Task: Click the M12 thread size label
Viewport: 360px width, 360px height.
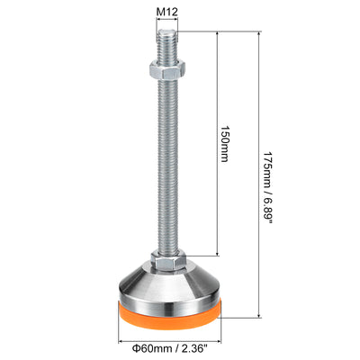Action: click(167, 12)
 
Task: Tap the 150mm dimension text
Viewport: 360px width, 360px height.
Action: click(224, 143)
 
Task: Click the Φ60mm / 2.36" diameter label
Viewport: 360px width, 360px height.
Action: click(170, 348)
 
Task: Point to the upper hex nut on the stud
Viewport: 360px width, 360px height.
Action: click(167, 70)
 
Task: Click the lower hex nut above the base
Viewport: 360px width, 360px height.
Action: click(168, 259)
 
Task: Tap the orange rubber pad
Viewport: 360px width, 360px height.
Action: click(170, 316)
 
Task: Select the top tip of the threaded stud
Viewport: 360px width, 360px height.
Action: click(167, 30)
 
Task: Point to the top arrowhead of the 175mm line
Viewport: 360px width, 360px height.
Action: click(259, 32)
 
